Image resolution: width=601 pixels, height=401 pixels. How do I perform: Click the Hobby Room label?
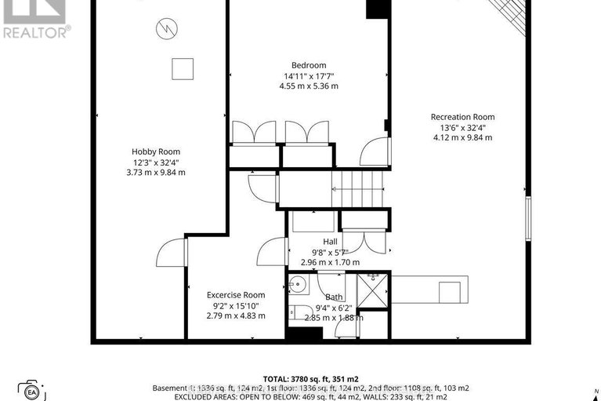[x=155, y=151]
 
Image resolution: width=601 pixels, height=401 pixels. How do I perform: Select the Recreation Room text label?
[x=462, y=117]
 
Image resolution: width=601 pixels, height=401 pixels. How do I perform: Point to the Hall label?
[x=330, y=242]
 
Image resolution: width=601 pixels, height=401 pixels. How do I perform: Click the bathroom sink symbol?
[x=297, y=284]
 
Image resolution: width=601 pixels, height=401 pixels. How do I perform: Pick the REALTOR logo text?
[x=35, y=31]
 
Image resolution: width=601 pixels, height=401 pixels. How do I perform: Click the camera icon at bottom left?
[x=32, y=390]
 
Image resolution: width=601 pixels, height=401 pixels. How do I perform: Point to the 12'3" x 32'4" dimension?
[x=155, y=162]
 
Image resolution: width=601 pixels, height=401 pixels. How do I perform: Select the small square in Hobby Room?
[x=183, y=68]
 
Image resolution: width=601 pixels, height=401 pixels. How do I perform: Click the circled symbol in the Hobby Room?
[x=166, y=30]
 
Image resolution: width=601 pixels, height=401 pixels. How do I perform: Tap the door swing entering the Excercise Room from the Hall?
[x=271, y=251]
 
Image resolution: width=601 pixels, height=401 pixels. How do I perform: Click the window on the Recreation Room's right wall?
[x=528, y=219]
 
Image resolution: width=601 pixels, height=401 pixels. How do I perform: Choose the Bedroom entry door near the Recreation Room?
[x=376, y=151]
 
